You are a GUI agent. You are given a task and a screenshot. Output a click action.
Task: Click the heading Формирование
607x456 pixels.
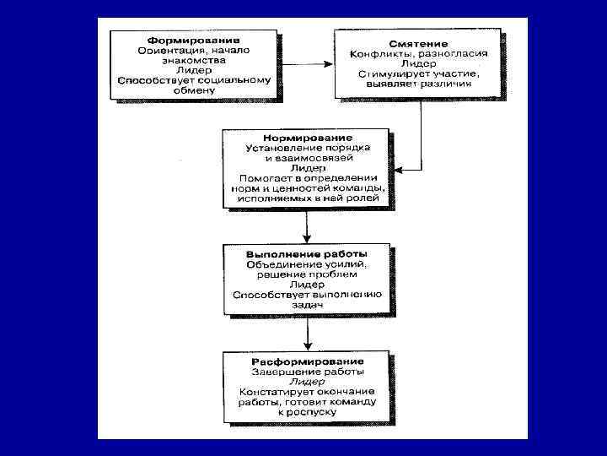click(x=193, y=40)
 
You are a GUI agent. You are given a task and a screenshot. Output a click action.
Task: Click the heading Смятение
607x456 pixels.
click(x=418, y=43)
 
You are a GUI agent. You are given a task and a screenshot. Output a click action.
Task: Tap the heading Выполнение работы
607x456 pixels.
click(x=307, y=253)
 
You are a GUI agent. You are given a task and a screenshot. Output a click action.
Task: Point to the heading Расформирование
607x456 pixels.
click(x=307, y=361)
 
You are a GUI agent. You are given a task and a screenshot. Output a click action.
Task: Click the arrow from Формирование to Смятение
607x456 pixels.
click(x=305, y=63)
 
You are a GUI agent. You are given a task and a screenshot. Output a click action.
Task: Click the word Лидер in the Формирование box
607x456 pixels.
click(x=193, y=71)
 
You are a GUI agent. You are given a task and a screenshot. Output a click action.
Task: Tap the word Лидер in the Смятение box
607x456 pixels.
click(x=418, y=63)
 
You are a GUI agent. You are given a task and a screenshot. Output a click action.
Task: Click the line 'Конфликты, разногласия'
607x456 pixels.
click(x=418, y=53)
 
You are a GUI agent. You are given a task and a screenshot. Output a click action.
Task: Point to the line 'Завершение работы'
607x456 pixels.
click(x=307, y=372)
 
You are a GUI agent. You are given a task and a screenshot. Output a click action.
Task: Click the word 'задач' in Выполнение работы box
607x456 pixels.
click(x=307, y=305)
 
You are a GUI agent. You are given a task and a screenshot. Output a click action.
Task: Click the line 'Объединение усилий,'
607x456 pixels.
click(x=307, y=264)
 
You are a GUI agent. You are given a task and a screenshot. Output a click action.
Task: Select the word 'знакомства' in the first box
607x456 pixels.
click(x=193, y=61)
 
